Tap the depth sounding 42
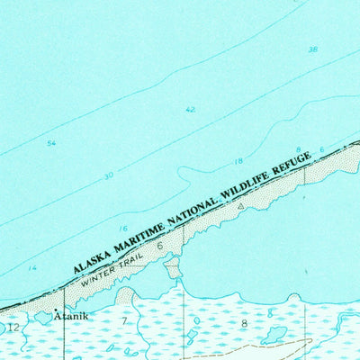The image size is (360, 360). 190,110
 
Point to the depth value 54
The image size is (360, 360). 51,143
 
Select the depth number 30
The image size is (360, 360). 108,175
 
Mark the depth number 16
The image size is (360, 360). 123,229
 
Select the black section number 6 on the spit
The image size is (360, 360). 159,244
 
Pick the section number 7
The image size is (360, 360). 125,320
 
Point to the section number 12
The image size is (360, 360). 12,328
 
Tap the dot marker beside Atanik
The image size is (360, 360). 56,310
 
